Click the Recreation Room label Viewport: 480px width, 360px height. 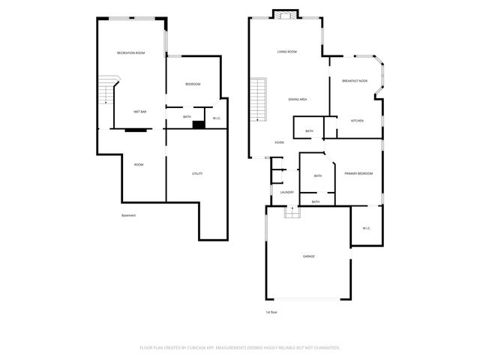click(x=130, y=52)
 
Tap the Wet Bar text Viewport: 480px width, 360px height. click(x=139, y=111)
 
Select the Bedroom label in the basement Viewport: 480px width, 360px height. click(x=192, y=84)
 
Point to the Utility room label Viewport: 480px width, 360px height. click(x=196, y=173)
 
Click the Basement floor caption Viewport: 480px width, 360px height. click(x=128, y=216)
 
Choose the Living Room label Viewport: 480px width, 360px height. click(x=286, y=52)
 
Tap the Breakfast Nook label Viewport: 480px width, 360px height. click(x=354, y=80)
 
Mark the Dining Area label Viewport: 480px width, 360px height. click(x=298, y=99)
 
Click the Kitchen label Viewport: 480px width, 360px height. click(x=357, y=120)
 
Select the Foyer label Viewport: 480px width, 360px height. click(x=278, y=142)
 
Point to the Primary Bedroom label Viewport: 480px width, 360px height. click(x=358, y=173)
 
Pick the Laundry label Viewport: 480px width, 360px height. click(x=286, y=192)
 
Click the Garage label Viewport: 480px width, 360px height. click(x=308, y=256)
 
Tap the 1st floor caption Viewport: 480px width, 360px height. click(x=271, y=312)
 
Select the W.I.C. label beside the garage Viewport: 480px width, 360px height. click(x=367, y=228)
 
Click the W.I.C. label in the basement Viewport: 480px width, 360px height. click(x=216, y=118)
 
